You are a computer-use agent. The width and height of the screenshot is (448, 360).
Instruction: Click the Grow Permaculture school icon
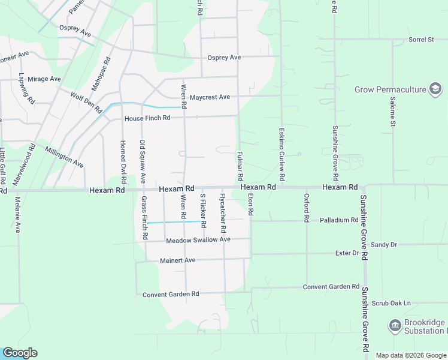click(x=435, y=90)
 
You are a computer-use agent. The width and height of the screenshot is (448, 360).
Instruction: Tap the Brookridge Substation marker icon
click(x=395, y=326)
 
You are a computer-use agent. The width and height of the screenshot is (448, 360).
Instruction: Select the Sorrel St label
click(x=421, y=40)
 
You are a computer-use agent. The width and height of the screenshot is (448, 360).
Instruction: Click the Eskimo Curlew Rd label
click(x=280, y=155)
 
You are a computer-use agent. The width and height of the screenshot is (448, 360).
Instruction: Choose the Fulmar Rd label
click(x=240, y=166)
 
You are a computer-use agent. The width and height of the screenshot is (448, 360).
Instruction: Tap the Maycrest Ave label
click(x=210, y=97)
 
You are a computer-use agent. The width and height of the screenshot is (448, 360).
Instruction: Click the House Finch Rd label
click(x=147, y=118)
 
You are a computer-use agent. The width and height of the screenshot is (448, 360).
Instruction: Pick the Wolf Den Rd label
click(x=86, y=100)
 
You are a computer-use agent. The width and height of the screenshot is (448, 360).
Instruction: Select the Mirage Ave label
click(x=44, y=79)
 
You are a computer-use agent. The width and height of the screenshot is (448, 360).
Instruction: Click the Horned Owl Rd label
click(x=123, y=161)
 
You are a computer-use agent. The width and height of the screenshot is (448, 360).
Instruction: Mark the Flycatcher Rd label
click(x=223, y=213)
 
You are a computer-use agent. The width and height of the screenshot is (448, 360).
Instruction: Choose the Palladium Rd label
click(x=338, y=220)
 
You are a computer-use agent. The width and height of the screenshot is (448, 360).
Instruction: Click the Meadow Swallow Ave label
click(x=198, y=240)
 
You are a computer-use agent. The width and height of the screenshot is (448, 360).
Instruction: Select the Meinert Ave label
click(x=178, y=260)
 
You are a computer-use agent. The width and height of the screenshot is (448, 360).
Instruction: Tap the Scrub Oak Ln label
click(x=391, y=303)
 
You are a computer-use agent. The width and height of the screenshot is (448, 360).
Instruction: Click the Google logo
click(x=20, y=353)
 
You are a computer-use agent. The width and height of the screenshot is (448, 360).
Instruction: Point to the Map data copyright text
click(x=411, y=355)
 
